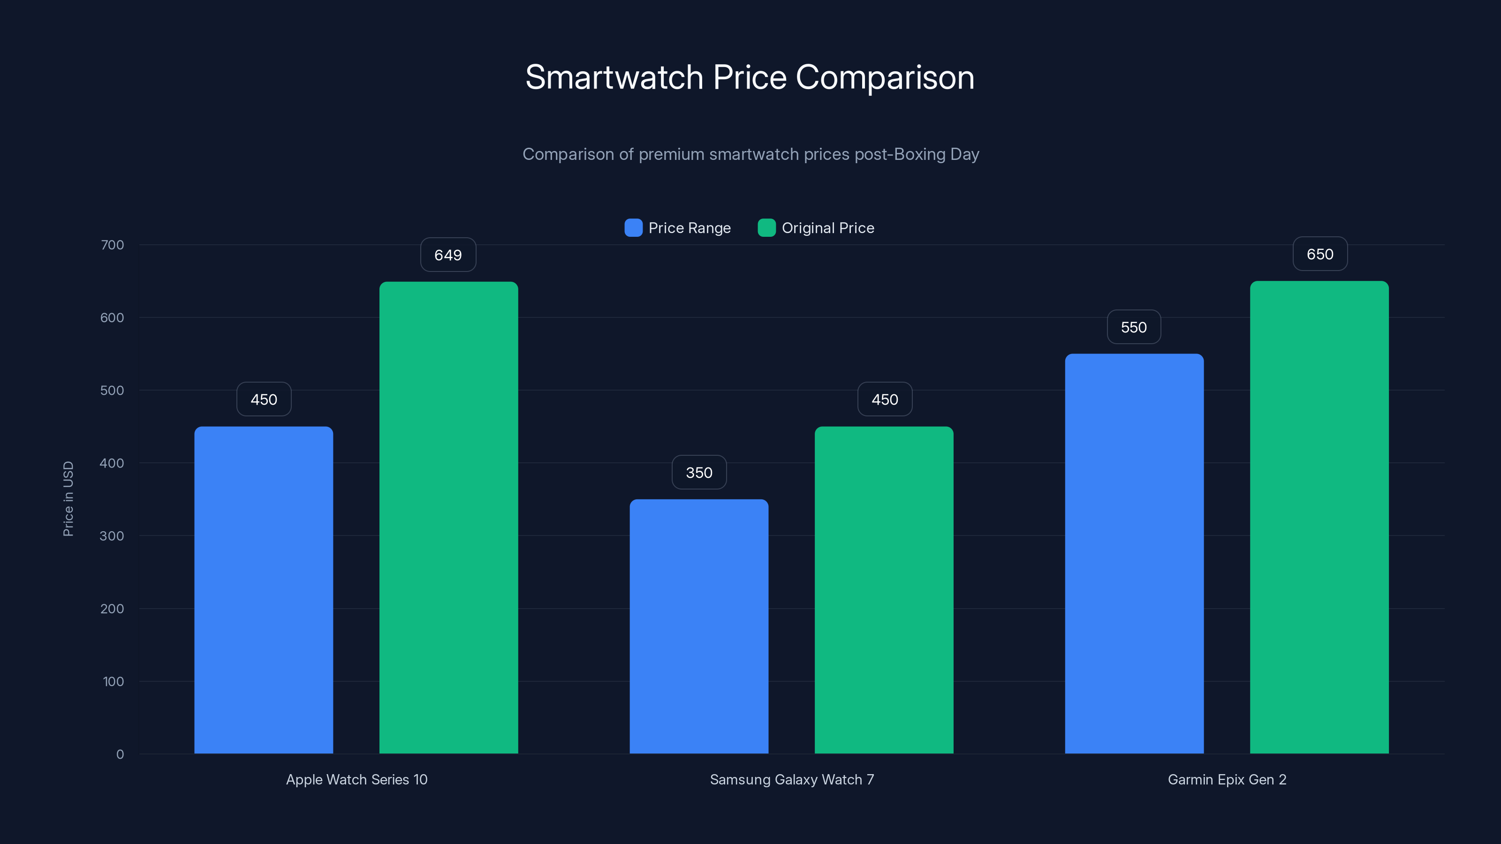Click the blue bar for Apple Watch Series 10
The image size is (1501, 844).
point(263,589)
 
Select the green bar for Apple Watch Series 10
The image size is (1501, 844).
point(449,517)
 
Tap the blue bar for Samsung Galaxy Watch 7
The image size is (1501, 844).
point(698,626)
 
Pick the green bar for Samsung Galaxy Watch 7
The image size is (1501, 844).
point(884,589)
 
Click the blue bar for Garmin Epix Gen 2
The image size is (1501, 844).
point(1134,553)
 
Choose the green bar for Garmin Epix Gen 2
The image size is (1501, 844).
point(1319,517)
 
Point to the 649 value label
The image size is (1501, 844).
point(448,255)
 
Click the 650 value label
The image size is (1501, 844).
point(1320,254)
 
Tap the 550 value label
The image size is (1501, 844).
point(1133,327)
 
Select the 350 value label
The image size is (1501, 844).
point(698,472)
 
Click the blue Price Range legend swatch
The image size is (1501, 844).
point(633,228)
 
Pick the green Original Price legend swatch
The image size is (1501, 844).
point(766,228)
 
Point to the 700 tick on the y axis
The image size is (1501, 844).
point(112,245)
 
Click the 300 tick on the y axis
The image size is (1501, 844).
point(112,536)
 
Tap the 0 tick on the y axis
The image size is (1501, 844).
point(120,754)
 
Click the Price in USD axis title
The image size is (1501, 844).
point(68,498)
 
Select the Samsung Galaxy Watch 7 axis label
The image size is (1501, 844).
point(792,779)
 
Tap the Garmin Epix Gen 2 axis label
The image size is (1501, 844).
point(1227,779)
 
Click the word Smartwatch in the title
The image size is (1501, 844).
point(614,77)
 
